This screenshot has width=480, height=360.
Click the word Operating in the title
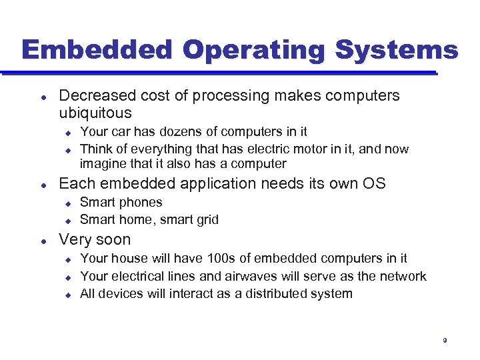pos(254,51)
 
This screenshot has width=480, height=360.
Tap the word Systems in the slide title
pos(396,51)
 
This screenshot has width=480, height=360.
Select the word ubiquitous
pos(95,113)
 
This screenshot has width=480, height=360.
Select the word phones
pos(141,202)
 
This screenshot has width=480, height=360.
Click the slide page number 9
pos(444,341)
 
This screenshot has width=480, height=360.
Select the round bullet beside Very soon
pos(43,240)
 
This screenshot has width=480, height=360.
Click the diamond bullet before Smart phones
pos(67,203)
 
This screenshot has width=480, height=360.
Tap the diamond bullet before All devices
pos(67,294)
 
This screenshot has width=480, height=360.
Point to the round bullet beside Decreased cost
pos(43,96)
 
